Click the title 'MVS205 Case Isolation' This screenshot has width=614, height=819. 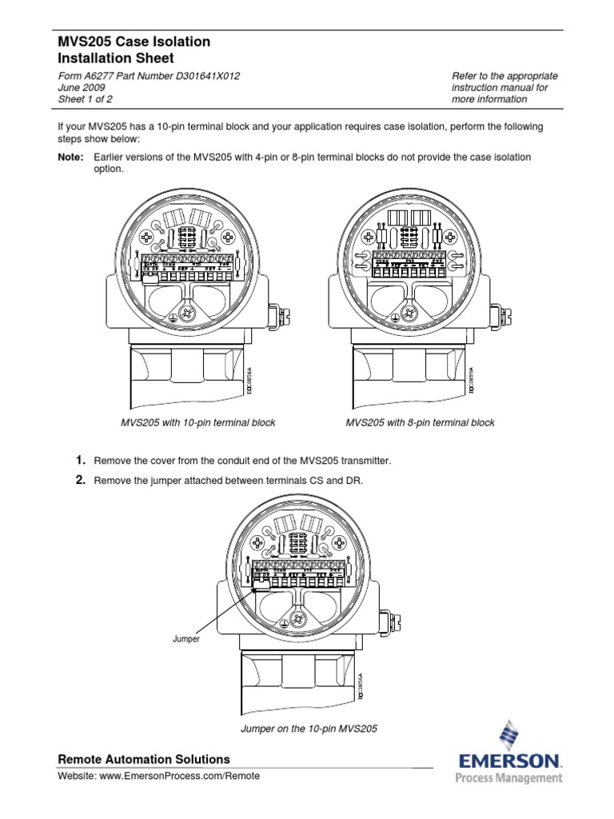[134, 42]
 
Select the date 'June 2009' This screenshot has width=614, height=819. [82, 88]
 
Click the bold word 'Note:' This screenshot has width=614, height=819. [70, 158]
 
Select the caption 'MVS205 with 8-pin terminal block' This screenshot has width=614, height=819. [420, 423]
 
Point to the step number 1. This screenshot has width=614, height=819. [80, 461]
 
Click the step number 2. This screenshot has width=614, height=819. [80, 480]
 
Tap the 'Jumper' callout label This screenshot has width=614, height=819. [185, 640]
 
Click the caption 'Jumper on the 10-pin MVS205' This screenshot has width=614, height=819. [309, 729]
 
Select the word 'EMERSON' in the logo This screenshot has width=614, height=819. [509, 761]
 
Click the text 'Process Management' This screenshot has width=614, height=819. [508, 778]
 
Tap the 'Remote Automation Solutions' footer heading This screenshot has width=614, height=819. [144, 760]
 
